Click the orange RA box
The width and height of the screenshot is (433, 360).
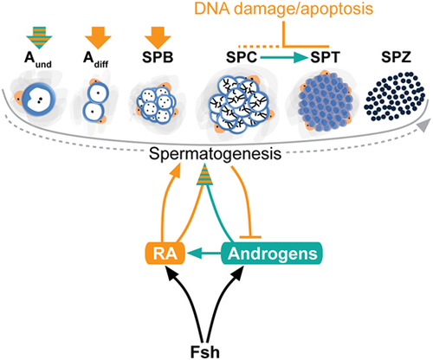tap(165, 254)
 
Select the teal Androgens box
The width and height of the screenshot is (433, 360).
tap(272, 254)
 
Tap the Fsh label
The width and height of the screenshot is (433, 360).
tap(205, 351)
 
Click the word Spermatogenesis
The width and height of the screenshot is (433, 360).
tap(215, 154)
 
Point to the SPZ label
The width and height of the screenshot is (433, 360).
tap(396, 57)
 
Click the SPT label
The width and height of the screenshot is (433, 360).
tap(325, 57)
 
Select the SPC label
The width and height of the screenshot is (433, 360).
tap(242, 57)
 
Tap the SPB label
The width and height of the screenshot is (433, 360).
tap(158, 57)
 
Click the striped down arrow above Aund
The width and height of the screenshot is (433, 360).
tap(39, 37)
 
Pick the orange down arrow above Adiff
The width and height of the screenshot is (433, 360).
tap(98, 37)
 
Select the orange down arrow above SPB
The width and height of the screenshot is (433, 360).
tap(158, 37)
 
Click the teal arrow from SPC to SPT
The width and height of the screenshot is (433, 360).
tap(284, 58)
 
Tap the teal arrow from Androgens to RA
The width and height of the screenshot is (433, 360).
tap(204, 254)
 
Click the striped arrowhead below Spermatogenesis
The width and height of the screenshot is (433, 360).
tap(204, 174)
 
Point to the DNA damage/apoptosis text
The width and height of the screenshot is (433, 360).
tap(283, 9)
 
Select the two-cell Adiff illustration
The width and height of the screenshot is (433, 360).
tap(96, 103)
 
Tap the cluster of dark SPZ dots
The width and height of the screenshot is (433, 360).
tap(394, 96)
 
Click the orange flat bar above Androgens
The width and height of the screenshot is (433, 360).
tap(250, 237)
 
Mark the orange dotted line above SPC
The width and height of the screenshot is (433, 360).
tap(259, 46)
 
